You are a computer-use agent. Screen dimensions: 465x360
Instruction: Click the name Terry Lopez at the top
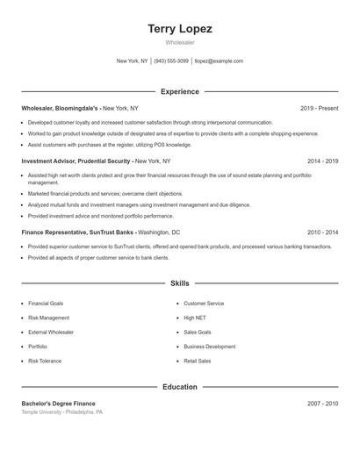click(179, 28)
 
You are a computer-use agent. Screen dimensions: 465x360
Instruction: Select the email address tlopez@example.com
click(219, 61)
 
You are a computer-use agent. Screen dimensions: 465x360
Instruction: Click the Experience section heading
click(179, 91)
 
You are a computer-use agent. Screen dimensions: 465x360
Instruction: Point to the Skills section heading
click(179, 283)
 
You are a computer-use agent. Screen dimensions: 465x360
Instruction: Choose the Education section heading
click(179, 387)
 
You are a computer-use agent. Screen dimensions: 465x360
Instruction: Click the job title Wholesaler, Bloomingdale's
click(61, 108)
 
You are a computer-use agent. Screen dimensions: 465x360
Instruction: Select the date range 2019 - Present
click(319, 108)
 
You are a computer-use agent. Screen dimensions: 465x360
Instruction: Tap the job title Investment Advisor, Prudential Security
click(76, 161)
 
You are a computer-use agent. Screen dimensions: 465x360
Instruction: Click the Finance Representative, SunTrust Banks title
click(78, 232)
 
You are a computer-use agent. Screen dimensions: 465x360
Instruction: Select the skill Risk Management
click(48, 318)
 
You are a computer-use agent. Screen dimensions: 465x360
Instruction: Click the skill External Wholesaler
click(51, 333)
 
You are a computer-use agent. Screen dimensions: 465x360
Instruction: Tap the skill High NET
click(195, 318)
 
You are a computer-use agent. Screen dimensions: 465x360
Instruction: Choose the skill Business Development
click(209, 347)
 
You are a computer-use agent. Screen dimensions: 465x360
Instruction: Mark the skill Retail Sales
click(197, 361)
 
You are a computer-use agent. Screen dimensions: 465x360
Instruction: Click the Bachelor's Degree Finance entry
click(59, 403)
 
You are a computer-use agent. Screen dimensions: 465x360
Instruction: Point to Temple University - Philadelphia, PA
click(62, 411)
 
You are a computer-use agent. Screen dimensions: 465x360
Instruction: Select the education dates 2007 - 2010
click(322, 403)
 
